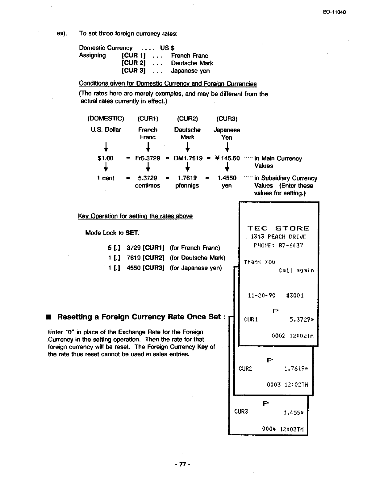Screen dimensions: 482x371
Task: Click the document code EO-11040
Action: point(335,12)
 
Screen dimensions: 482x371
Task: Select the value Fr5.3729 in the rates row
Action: point(148,159)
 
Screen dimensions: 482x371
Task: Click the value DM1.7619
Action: point(188,159)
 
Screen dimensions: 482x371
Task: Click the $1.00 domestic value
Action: point(106,159)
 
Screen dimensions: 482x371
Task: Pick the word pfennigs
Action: point(187,186)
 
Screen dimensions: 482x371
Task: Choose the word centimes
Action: point(148,186)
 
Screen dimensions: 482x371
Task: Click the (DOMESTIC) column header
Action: point(106,119)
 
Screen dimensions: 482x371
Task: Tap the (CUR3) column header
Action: point(227,119)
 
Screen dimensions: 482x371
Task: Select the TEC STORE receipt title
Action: point(279,229)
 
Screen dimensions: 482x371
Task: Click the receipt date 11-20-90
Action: point(262,295)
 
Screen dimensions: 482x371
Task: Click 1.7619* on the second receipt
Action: point(296,368)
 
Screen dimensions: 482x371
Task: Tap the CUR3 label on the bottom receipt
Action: point(241,412)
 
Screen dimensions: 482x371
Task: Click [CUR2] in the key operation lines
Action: point(154,258)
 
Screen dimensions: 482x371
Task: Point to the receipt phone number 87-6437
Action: point(291,246)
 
